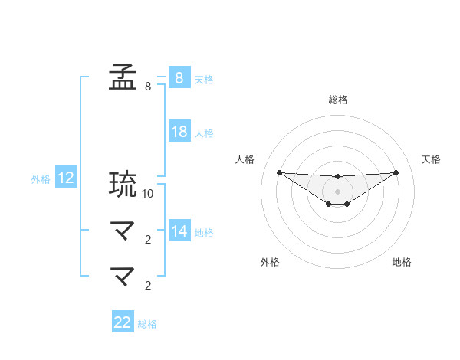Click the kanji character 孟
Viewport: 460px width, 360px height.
click(x=123, y=78)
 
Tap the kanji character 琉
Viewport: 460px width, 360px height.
click(x=123, y=185)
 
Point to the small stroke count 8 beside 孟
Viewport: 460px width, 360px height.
click(x=148, y=87)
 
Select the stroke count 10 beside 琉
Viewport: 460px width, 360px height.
click(x=148, y=194)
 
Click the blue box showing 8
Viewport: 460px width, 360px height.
click(x=179, y=78)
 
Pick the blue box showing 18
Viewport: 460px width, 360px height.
click(x=179, y=132)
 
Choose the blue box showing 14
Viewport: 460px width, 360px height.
click(x=179, y=231)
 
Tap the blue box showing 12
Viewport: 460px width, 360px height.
click(x=66, y=178)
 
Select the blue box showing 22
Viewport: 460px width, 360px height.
click(x=123, y=322)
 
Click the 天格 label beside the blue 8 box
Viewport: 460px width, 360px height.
click(x=204, y=80)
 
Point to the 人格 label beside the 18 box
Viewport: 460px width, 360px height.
click(x=204, y=133)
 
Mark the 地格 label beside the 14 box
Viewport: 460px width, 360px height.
click(x=204, y=233)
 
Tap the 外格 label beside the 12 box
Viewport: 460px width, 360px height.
click(x=41, y=180)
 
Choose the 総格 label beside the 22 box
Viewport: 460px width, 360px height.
click(x=147, y=324)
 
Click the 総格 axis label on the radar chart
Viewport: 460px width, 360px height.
click(x=337, y=100)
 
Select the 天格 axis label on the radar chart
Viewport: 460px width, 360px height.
click(x=431, y=159)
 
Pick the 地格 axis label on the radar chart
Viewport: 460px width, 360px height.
click(x=402, y=262)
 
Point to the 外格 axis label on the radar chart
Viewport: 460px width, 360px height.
click(x=270, y=262)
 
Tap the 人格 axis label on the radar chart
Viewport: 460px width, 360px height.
click(x=244, y=159)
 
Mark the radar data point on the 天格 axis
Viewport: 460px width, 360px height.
click(x=396, y=172)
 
